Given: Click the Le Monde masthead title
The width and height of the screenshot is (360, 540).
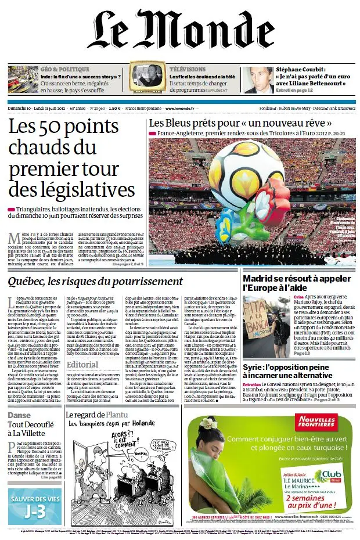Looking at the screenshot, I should pos(181,34).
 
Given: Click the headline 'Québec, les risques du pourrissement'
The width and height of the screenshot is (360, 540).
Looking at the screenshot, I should pos(95,282).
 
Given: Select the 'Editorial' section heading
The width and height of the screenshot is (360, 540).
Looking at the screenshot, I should pos(82,365).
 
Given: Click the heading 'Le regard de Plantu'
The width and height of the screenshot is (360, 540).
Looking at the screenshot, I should pos(109,415).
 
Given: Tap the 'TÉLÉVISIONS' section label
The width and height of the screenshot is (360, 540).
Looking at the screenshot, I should pos(187,69).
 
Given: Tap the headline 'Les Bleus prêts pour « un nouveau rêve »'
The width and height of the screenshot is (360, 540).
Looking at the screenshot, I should pos(240,123).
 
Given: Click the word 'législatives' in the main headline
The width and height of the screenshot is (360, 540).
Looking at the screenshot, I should pos(73,190).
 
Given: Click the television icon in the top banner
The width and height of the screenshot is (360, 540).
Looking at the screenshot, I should pos(145,77).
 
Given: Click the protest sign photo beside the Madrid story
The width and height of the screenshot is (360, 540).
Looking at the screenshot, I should pos(267,325).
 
